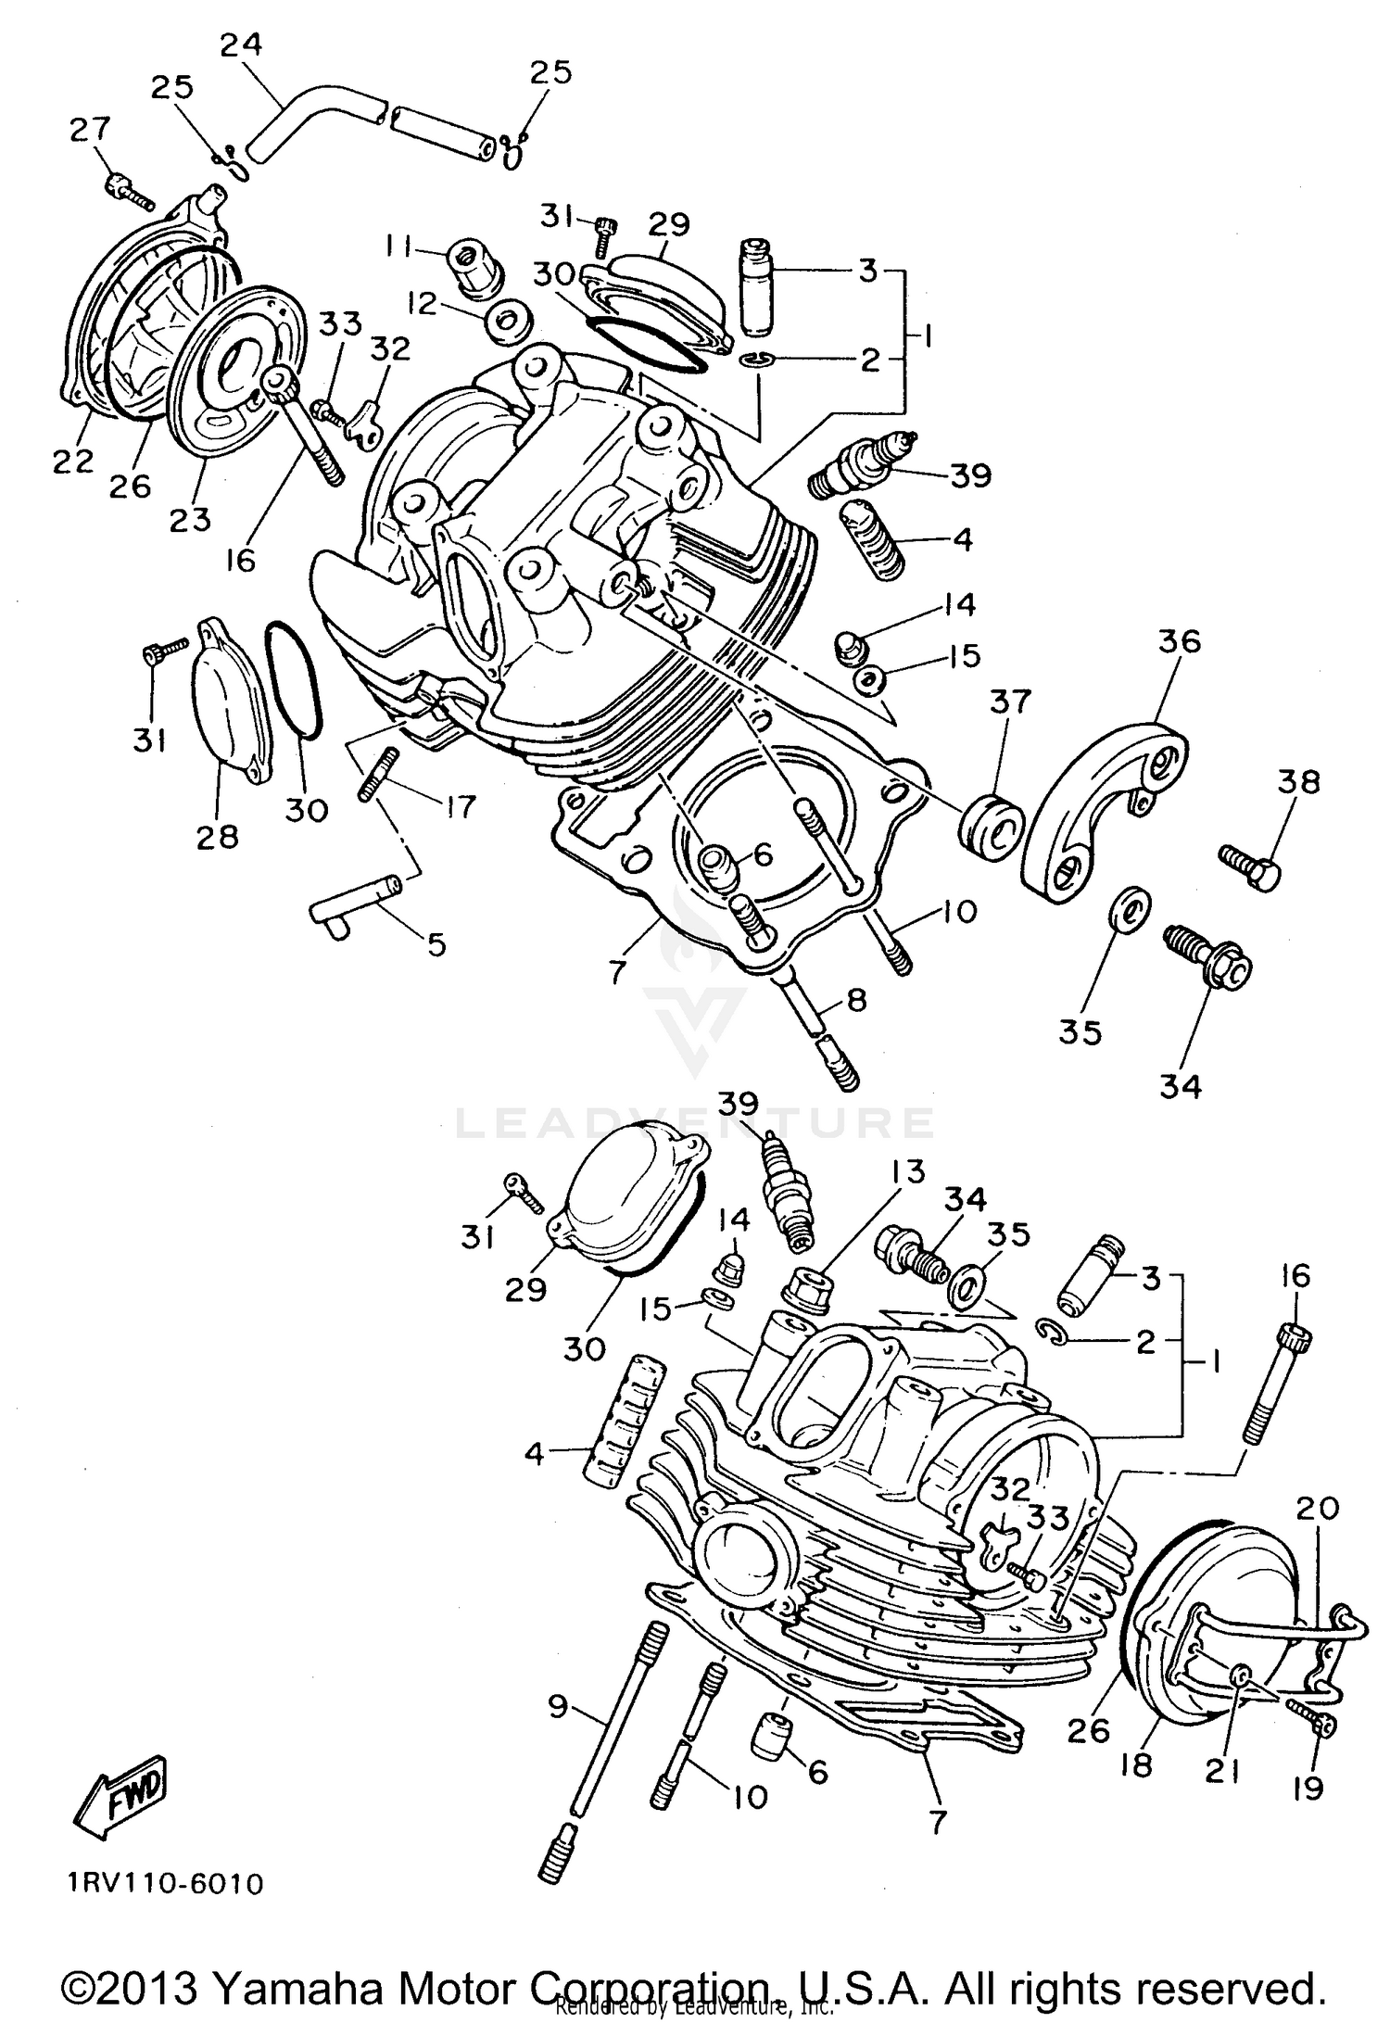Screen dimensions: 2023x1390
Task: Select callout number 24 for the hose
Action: pos(241,45)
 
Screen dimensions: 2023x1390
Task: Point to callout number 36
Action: pos(1178,641)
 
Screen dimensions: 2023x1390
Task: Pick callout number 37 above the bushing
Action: pos(1009,702)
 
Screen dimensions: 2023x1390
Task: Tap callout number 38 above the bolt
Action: pos(1297,782)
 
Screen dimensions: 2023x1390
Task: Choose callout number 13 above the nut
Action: pos(908,1172)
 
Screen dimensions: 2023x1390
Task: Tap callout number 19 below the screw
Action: pos(1307,1788)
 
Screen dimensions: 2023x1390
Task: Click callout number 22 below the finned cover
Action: pos(74,461)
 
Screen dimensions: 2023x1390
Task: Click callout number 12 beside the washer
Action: pos(423,304)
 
